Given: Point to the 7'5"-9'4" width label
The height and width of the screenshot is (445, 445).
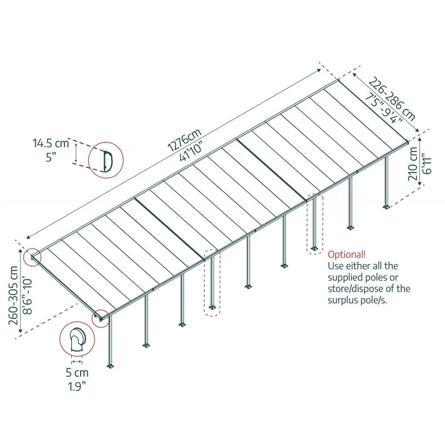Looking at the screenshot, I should point(383,109).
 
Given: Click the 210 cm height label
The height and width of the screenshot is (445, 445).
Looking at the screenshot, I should point(413,165).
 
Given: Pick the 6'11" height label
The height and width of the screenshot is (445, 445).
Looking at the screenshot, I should point(426,165).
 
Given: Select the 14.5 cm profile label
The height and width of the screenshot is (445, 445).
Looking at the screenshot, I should point(51,144).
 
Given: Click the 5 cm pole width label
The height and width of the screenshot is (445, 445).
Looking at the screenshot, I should point(77,373).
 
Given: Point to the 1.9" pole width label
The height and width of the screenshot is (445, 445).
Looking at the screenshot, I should point(77,385).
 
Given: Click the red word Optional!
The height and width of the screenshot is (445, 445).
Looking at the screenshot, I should point(347,255).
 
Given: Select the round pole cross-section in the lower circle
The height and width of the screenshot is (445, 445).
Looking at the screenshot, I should point(77,339).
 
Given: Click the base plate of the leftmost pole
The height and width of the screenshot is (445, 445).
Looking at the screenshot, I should point(111,365).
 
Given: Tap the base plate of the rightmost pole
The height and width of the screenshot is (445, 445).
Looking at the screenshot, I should point(387,207).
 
